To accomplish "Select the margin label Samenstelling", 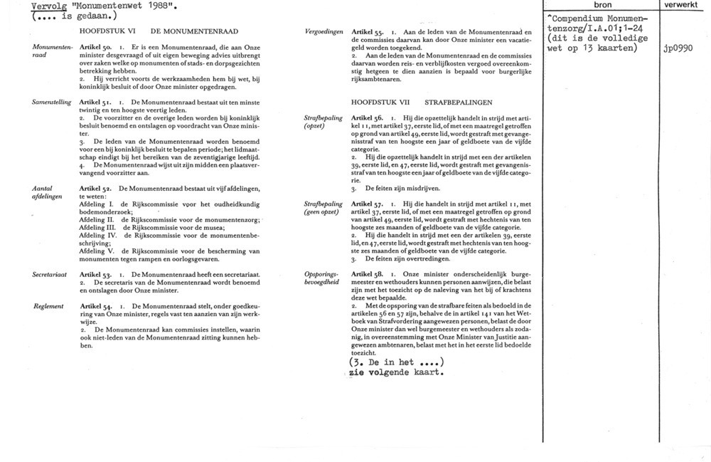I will click(x=52, y=103).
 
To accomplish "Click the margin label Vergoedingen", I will click(x=324, y=33).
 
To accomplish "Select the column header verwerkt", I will click(x=685, y=5).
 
